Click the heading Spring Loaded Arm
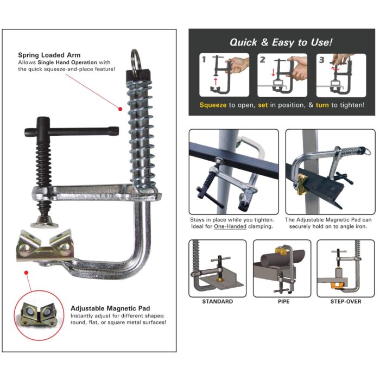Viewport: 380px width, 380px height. pyautogui.click(x=50, y=55)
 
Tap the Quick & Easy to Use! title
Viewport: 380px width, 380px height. pyautogui.click(x=281, y=42)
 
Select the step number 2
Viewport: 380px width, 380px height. pyautogui.click(x=262, y=60)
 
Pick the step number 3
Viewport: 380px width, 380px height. pyautogui.click(x=321, y=60)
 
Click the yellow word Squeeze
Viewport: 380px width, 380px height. pyautogui.click(x=213, y=104)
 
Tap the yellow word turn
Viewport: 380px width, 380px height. pyautogui.click(x=322, y=104)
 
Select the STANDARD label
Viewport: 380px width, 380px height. pyautogui.click(x=217, y=301)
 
